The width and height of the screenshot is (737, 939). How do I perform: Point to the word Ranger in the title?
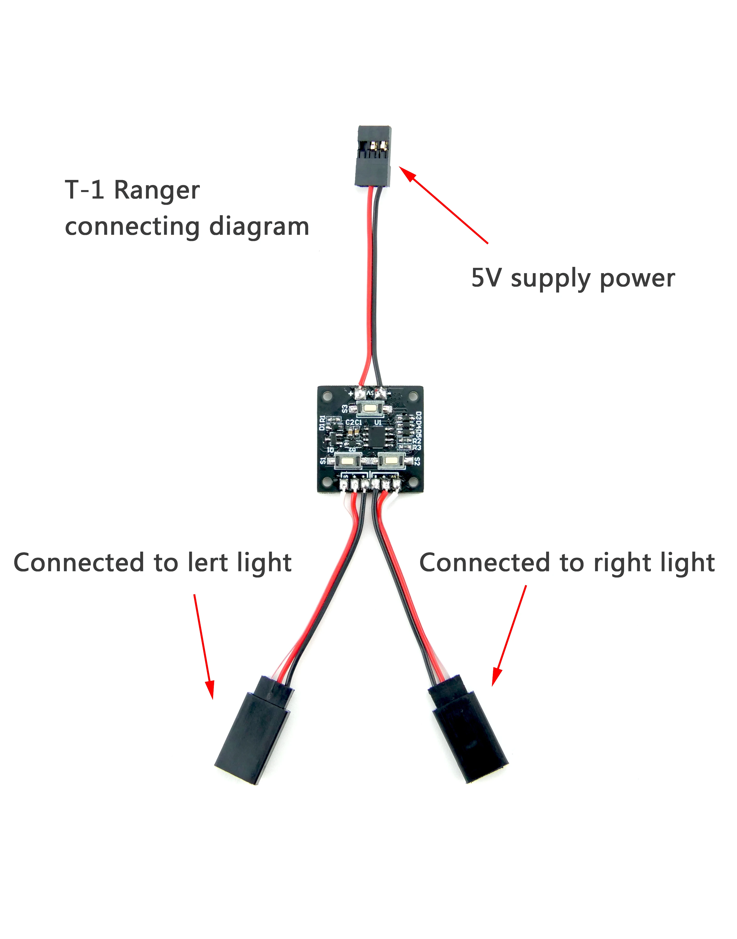(157, 190)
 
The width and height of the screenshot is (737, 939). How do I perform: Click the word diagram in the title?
(259, 227)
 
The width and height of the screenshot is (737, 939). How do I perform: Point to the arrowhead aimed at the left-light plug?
(210, 688)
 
